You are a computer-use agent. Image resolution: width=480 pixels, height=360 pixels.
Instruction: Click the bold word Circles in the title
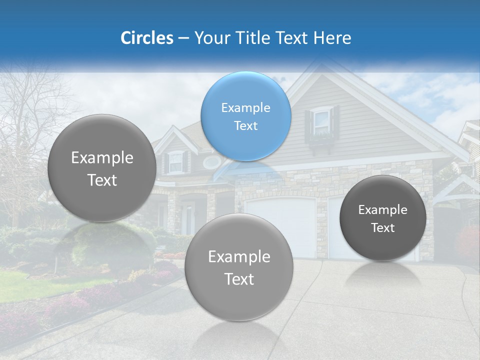146,38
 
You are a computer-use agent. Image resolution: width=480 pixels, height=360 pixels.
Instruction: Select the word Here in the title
332,38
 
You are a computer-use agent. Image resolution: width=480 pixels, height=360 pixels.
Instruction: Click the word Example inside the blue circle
245,107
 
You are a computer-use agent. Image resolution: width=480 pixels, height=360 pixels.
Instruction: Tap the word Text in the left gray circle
102,180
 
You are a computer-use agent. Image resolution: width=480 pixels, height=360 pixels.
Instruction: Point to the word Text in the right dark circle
383,228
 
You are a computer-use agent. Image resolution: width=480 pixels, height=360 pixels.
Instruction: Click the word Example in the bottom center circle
239,256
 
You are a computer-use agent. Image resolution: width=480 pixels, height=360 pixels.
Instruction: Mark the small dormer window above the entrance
175,161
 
